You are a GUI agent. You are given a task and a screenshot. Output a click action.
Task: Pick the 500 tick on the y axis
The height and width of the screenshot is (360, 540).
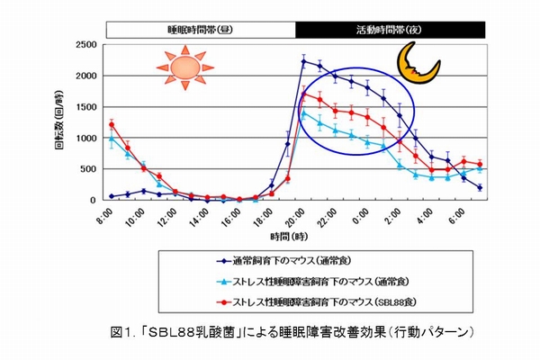coord(88,168)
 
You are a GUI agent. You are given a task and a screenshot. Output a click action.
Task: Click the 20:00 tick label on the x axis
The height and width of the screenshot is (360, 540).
coord(291,219)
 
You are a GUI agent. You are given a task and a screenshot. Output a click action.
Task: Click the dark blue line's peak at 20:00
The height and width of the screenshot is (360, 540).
coord(303,62)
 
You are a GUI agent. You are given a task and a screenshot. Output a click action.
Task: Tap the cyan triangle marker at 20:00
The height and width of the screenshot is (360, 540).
coord(303,112)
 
